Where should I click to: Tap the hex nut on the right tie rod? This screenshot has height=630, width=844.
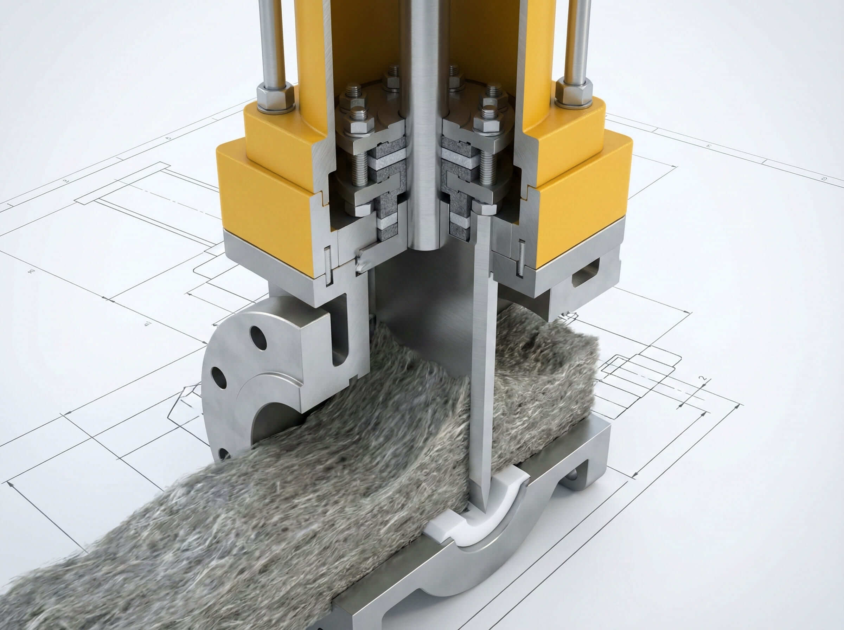point(574,93)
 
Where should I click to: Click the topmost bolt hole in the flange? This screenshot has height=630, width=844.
point(258,337)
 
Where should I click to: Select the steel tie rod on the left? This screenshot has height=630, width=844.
point(271,42)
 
